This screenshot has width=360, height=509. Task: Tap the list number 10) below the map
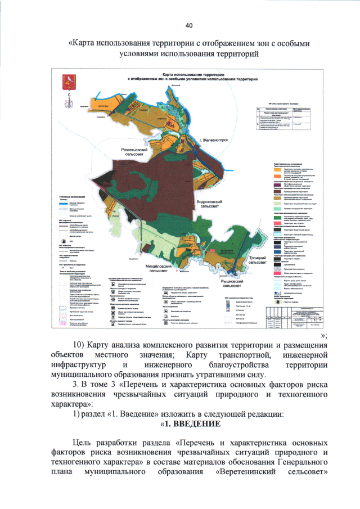(x=83, y=344)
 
